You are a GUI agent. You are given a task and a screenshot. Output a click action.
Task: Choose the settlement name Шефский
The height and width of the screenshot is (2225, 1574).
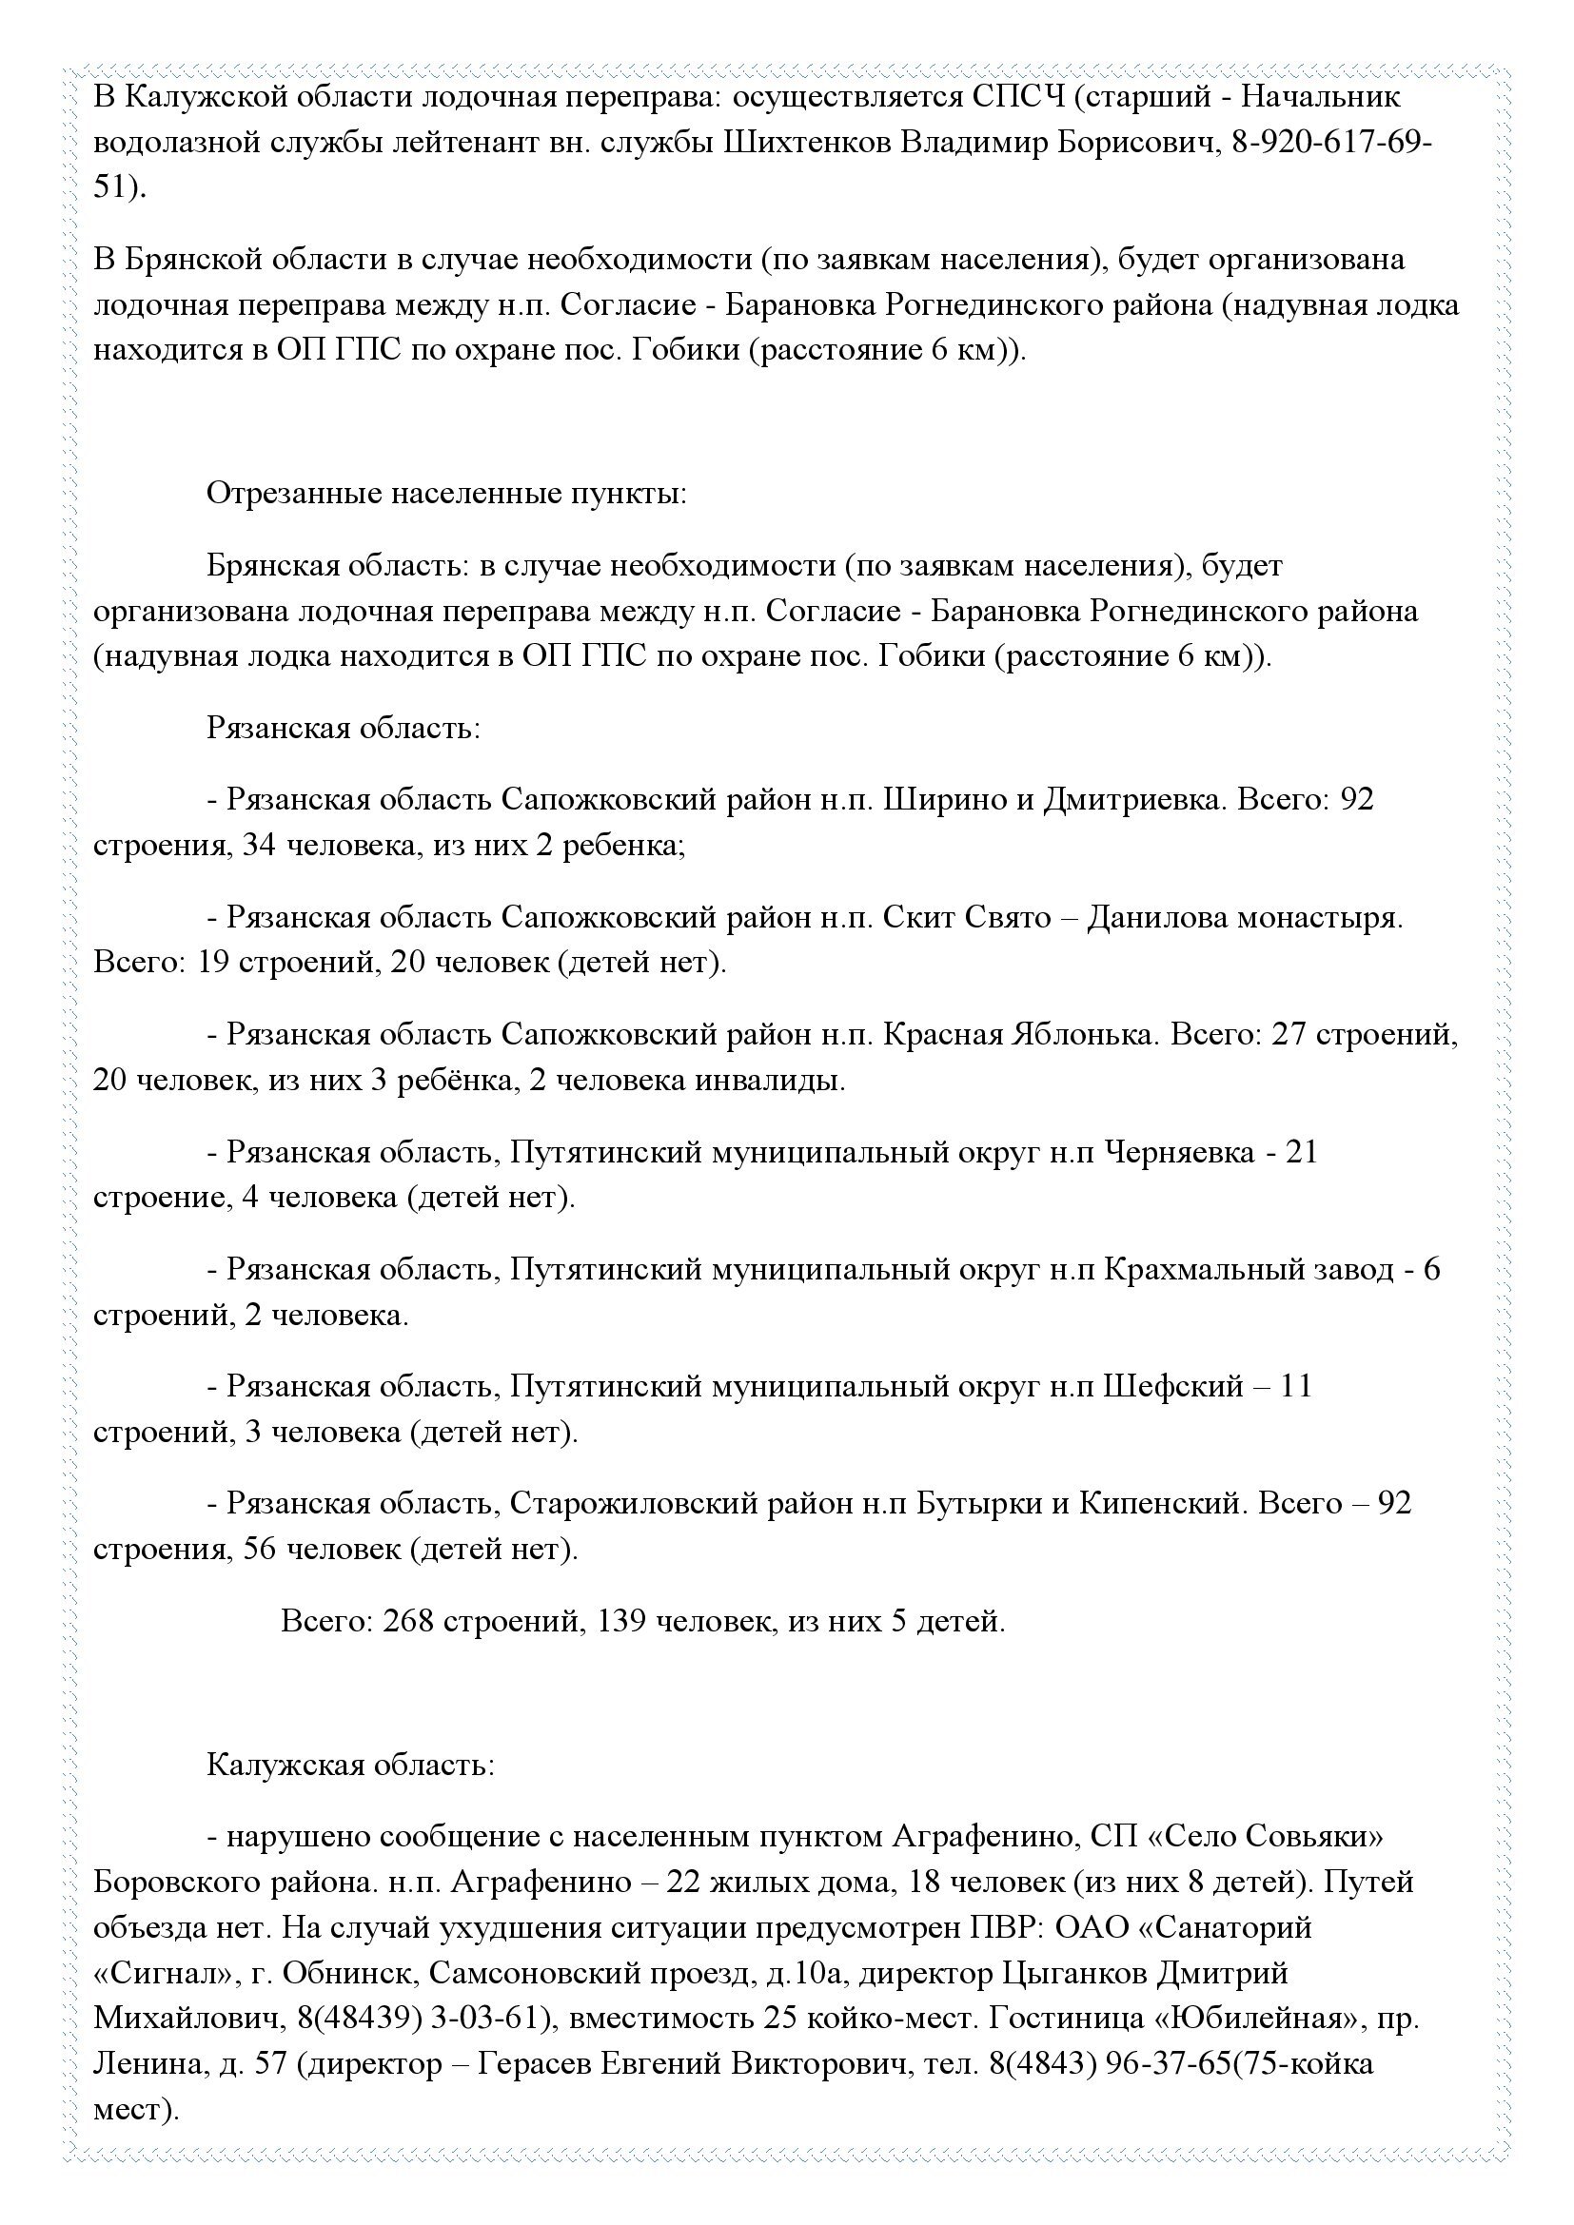(1171, 1387)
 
